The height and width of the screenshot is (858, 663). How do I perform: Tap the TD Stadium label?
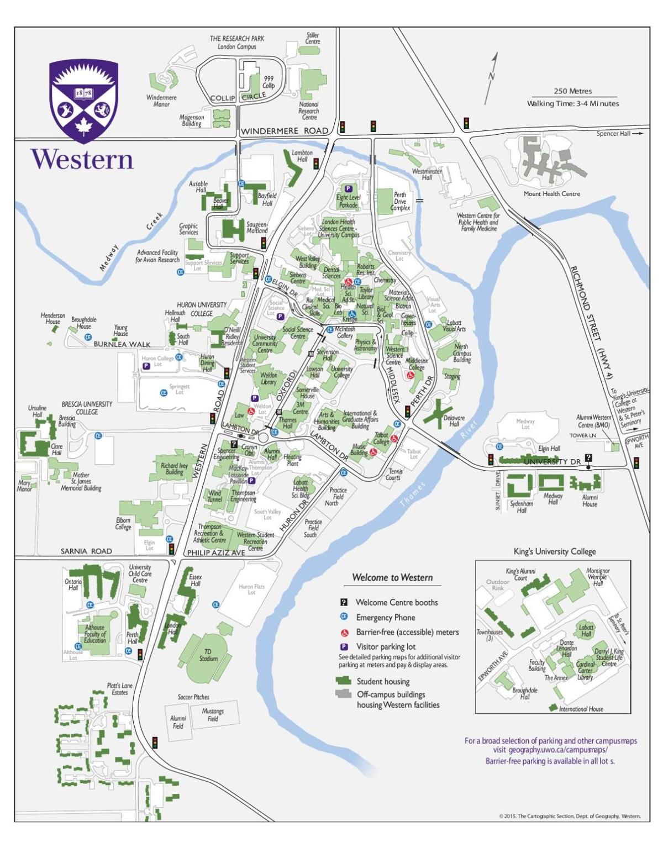pyautogui.click(x=208, y=655)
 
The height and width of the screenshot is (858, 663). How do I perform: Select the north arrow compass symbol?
pyautogui.click(x=491, y=77)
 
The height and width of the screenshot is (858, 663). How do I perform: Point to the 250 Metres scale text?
pyautogui.click(x=572, y=91)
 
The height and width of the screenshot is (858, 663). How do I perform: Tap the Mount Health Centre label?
pyautogui.click(x=551, y=194)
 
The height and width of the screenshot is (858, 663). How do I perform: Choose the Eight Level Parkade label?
pyautogui.click(x=348, y=201)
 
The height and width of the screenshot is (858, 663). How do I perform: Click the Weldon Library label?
pyautogui.click(x=268, y=378)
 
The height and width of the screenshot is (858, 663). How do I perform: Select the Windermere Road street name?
pyautogui.click(x=285, y=131)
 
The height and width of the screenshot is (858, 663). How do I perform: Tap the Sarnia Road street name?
pyautogui.click(x=86, y=551)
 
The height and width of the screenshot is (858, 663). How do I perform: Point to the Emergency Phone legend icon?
pyautogui.click(x=344, y=617)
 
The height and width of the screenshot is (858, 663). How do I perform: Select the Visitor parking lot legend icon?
pyautogui.click(x=344, y=646)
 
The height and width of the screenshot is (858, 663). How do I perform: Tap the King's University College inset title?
pyautogui.click(x=555, y=551)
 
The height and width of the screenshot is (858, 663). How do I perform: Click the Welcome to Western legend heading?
pyautogui.click(x=392, y=577)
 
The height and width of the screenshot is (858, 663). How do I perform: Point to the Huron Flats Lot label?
pyautogui.click(x=251, y=589)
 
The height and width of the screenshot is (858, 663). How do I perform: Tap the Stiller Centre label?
pyautogui.click(x=312, y=38)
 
